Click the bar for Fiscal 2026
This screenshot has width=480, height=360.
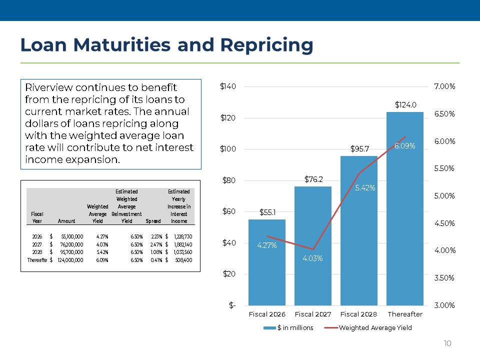click(x=267, y=270)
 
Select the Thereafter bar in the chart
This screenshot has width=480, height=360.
click(x=405, y=210)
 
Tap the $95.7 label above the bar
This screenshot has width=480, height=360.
click(x=359, y=149)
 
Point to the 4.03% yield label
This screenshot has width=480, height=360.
click(x=313, y=258)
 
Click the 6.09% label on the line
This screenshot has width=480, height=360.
click(x=404, y=145)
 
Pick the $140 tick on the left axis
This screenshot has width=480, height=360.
click(x=228, y=86)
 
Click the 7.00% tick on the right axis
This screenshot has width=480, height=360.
click(x=444, y=86)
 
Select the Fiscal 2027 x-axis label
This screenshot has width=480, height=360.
click(x=313, y=314)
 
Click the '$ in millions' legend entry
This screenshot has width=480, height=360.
click(x=294, y=328)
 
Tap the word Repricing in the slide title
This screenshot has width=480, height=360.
click(x=266, y=45)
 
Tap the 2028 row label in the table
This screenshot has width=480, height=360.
click(x=37, y=251)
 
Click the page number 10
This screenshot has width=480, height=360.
click(x=447, y=343)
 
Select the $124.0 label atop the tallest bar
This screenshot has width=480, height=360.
click(x=405, y=105)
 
